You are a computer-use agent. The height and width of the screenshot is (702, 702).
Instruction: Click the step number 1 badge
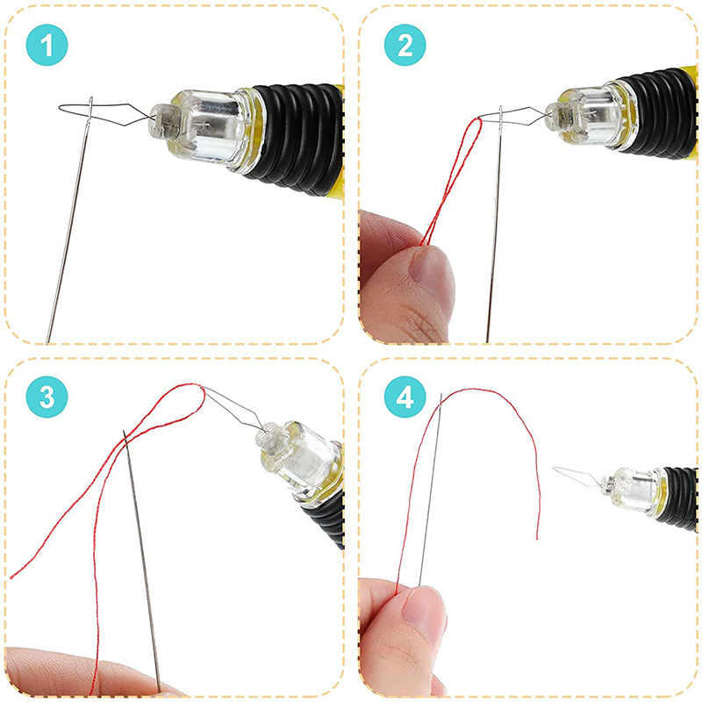coord(47,45)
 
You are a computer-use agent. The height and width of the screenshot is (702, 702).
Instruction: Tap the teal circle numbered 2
coord(405,45)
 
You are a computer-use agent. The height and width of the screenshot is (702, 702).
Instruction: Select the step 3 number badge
coord(47,397)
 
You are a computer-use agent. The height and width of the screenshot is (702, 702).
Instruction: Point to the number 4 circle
coord(405,397)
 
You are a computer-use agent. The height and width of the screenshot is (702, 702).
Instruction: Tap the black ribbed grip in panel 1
coord(297,138)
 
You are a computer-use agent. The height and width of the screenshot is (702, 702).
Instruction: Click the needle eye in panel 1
coord(90,106)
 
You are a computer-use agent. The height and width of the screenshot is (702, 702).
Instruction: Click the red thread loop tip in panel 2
coord(478,120)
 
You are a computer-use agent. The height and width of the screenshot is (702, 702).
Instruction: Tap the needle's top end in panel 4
coord(441,394)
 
